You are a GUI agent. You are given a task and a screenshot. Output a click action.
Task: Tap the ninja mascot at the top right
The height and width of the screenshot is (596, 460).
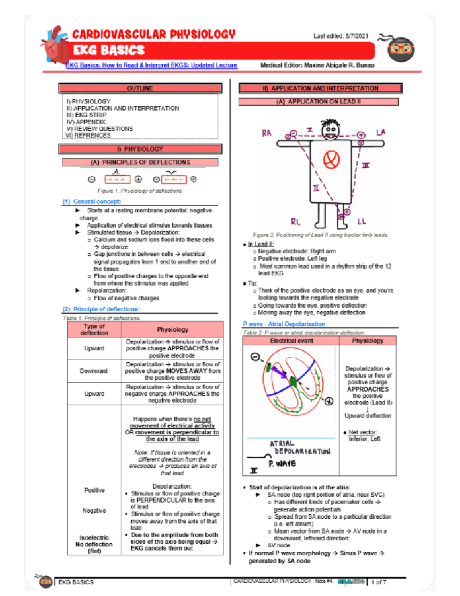pyautogui.click(x=400, y=49)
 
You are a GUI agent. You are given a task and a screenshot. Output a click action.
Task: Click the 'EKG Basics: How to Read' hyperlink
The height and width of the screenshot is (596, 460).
pyautogui.click(x=151, y=65)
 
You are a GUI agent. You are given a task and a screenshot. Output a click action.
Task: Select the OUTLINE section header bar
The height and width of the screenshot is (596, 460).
pyautogui.click(x=140, y=88)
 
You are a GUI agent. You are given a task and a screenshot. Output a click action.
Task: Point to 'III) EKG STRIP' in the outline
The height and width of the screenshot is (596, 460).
pyautogui.click(x=86, y=115)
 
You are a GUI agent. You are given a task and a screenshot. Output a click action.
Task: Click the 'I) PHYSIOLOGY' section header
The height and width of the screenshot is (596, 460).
pyautogui.click(x=140, y=149)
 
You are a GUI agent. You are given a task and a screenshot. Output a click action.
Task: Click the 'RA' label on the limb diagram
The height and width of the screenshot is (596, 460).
pyautogui.click(x=266, y=133)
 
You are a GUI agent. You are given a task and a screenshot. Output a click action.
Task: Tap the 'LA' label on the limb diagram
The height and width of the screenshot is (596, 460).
pyautogui.click(x=380, y=133)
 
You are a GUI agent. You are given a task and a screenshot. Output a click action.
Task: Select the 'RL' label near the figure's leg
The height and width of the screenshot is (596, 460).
pyautogui.click(x=296, y=222)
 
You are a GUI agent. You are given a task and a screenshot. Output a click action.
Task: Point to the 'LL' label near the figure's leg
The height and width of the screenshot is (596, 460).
pyautogui.click(x=361, y=222)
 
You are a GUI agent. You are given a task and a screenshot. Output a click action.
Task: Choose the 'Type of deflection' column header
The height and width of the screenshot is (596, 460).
pyautogui.click(x=94, y=330)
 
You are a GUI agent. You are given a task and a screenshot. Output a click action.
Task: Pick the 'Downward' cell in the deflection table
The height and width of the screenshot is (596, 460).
pyautogui.click(x=94, y=371)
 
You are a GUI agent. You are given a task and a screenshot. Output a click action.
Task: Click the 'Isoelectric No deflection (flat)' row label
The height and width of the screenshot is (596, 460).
pyautogui.click(x=94, y=544)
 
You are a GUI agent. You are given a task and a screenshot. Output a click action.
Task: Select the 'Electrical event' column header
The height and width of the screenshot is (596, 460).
pyautogui.click(x=291, y=341)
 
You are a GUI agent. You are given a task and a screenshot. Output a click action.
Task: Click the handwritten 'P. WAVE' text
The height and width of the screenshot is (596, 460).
pyautogui.click(x=282, y=464)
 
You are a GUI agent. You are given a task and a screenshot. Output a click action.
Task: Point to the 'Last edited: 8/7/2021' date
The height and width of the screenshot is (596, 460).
pyautogui.click(x=341, y=36)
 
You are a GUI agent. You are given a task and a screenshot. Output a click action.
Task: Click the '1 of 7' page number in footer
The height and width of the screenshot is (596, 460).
pyautogui.click(x=378, y=582)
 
